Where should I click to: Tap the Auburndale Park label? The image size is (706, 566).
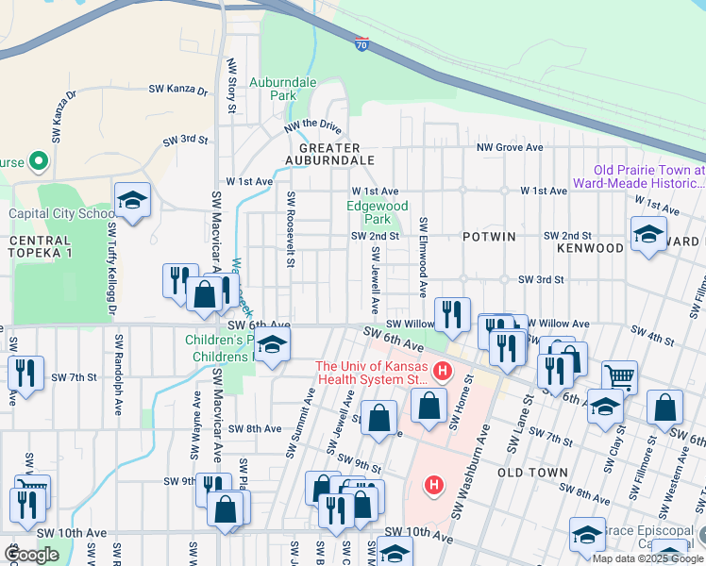(x=282, y=90)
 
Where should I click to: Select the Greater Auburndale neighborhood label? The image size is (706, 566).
(x=329, y=154)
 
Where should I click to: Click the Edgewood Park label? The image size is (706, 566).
(x=378, y=212)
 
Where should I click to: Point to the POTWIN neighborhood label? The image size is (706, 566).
(x=489, y=237)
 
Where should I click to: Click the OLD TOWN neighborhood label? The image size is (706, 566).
(x=532, y=473)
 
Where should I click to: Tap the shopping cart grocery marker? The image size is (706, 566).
(x=619, y=376)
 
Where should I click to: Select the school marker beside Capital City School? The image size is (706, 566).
(x=133, y=200)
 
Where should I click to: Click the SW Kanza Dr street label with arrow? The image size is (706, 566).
(x=178, y=90)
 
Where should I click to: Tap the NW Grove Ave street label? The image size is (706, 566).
(x=510, y=148)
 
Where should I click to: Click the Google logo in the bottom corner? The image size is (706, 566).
(x=31, y=556)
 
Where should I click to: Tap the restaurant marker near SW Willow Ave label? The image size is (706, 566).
(x=453, y=314)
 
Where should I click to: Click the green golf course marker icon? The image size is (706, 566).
(x=39, y=161)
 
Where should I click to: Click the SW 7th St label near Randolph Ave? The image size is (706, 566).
(x=75, y=377)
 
